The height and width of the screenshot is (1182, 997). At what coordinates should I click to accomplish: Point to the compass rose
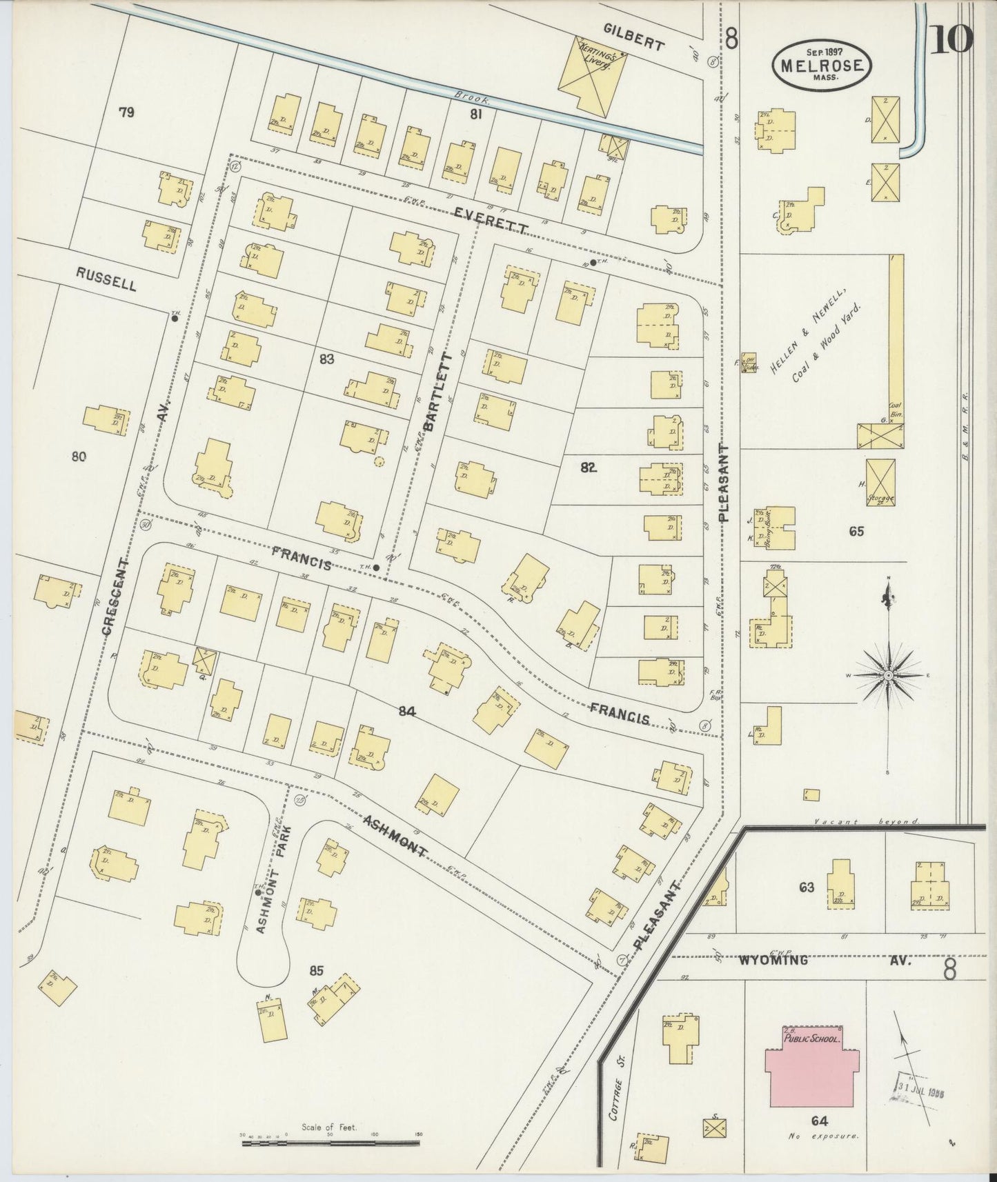pyautogui.click(x=889, y=673)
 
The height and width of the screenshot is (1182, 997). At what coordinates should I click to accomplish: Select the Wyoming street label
pyautogui.click(x=773, y=960)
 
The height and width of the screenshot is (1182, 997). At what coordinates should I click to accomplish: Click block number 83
pyautogui.click(x=327, y=359)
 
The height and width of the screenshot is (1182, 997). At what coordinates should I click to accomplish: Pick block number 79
pyautogui.click(x=126, y=112)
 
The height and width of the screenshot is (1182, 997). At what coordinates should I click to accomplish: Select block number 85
pyautogui.click(x=316, y=971)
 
